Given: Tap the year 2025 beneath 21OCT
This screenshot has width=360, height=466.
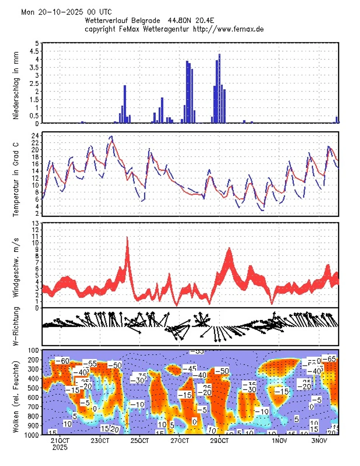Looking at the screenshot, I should click(60, 447).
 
